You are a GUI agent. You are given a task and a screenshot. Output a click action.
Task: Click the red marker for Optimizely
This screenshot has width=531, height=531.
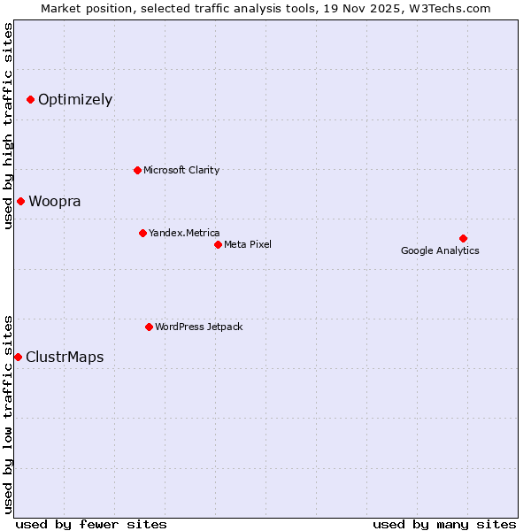coord(30,99)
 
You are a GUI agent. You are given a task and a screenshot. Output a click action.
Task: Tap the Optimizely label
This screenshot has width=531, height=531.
coord(75,99)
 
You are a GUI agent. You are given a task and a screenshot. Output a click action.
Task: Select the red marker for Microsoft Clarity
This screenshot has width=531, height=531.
coord(137,170)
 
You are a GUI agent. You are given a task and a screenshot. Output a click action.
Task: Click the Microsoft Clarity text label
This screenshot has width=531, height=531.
coord(181,170)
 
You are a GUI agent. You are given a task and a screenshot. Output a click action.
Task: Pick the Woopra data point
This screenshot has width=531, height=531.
coord(20,201)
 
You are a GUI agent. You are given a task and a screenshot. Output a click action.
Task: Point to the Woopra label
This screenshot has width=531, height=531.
coord(55,201)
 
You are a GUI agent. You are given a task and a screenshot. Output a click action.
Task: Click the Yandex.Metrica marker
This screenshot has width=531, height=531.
coord(142,233)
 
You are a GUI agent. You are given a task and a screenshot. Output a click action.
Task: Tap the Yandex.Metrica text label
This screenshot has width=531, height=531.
coord(184,233)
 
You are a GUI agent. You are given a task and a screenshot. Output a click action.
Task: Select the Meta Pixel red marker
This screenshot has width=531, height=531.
coord(218,244)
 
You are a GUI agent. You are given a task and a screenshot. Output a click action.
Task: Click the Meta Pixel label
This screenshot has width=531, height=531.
coord(248,244)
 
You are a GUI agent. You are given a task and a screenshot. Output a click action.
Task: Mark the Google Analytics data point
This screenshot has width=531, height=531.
coord(463,238)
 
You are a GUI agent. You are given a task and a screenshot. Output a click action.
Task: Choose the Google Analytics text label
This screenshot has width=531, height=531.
coord(440,250)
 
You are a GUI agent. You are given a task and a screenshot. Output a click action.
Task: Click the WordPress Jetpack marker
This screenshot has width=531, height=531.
coord(149,327)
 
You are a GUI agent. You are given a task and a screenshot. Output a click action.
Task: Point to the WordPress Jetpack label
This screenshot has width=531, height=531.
coord(198,327)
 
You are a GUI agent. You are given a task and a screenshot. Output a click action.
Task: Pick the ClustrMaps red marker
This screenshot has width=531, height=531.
coord(18,357)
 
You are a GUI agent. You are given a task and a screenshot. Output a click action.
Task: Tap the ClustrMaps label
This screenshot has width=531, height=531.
coord(65,358)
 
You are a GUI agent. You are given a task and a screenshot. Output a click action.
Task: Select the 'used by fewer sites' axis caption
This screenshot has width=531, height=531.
coord(91,524)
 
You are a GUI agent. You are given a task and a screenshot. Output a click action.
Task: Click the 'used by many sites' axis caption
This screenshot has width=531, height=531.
coord(444,524)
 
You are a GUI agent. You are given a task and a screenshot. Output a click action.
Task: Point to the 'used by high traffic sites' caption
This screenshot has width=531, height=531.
coord(9,126)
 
